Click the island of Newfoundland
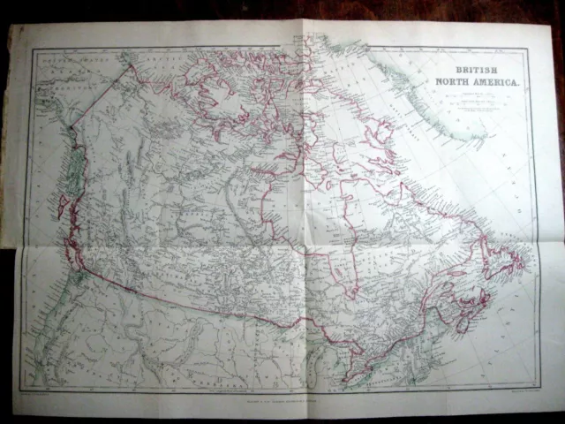[504, 257]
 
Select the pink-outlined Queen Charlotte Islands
[62, 208]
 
